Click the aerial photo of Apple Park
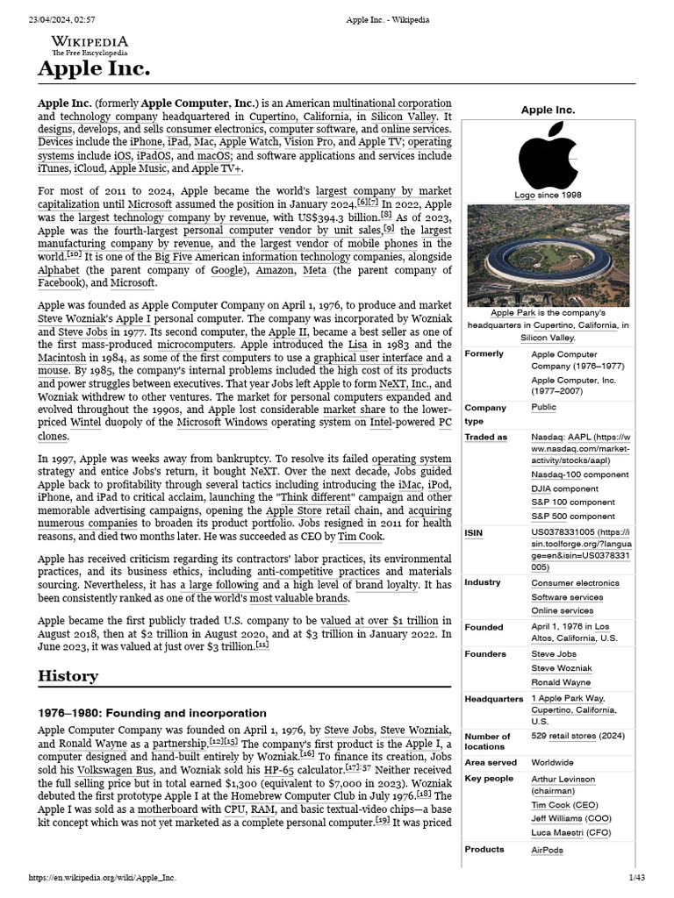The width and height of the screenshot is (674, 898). tap(548, 255)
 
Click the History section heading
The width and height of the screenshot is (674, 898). tap(68, 676)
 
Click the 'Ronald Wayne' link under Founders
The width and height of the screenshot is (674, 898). tap(562, 681)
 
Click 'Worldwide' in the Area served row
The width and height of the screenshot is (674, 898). tap(552, 762)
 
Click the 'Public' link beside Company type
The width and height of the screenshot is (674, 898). tap(543, 407)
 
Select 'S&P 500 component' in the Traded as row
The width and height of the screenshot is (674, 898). tap(573, 516)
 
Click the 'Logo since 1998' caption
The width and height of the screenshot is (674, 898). tap(548, 196)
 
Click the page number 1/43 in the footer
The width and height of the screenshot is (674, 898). tap(635, 877)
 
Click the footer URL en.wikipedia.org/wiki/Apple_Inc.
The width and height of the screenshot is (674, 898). tap(102, 877)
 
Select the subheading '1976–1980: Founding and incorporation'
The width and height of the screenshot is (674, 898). tap(152, 713)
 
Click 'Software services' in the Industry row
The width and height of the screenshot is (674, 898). tap(567, 596)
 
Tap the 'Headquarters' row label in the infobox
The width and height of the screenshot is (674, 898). tap(493, 699)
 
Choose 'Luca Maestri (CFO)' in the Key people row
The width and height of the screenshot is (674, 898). tap(570, 831)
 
